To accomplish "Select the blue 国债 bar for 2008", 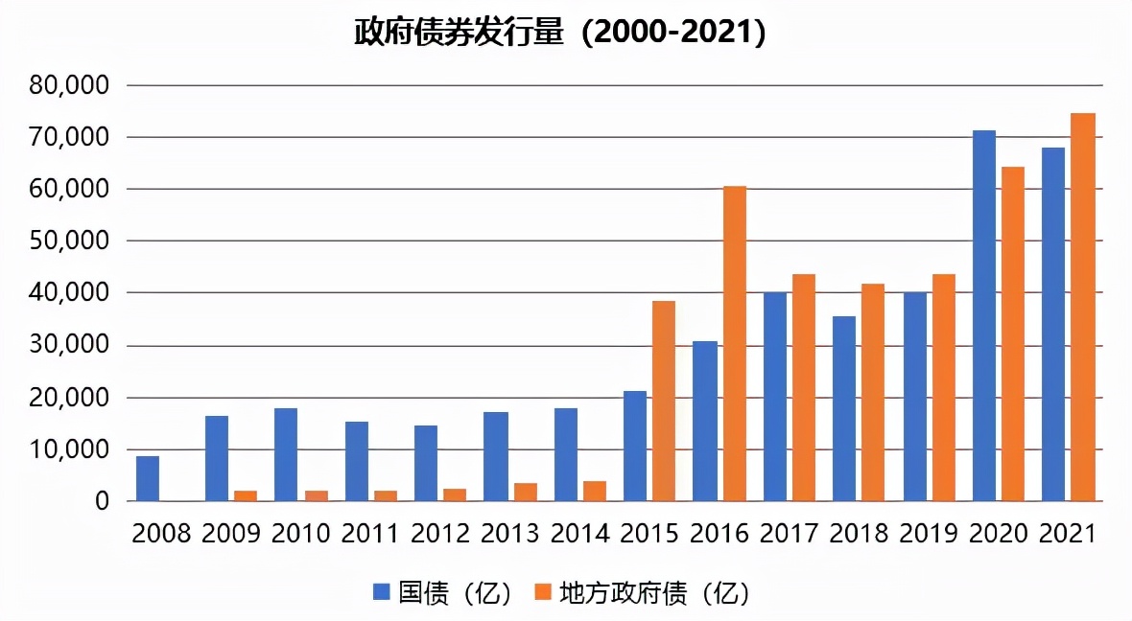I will pyautogui.click(x=148, y=478).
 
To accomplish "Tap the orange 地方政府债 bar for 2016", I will pyautogui.click(x=735, y=343).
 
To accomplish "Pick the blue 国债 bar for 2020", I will pyautogui.click(x=984, y=315).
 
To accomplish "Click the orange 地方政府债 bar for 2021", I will pyautogui.click(x=1083, y=307).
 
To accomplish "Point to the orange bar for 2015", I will pyautogui.click(x=664, y=401).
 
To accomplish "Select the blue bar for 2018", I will pyautogui.click(x=844, y=408).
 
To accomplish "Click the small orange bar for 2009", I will pyautogui.click(x=246, y=495).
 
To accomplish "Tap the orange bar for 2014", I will pyautogui.click(x=595, y=491).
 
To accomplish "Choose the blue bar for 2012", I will pyautogui.click(x=426, y=463).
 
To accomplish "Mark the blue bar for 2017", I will pyautogui.click(x=775, y=396).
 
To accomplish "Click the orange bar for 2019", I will pyautogui.click(x=944, y=387).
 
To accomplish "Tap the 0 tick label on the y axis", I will pyautogui.click(x=101, y=501).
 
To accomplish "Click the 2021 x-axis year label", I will pyautogui.click(x=1068, y=534).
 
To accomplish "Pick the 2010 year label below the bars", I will pyautogui.click(x=301, y=534).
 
